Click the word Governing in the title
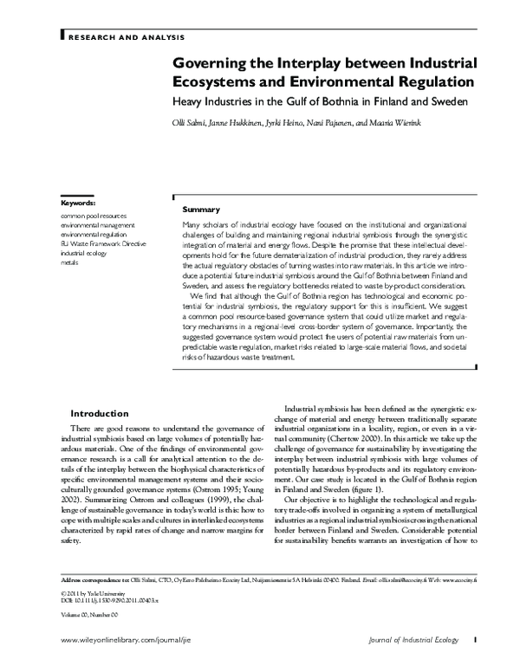click(x=211, y=64)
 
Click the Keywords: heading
click(x=78, y=203)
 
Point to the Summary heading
click(x=201, y=210)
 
